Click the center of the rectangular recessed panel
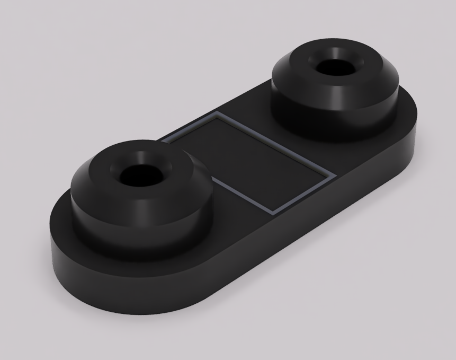pyautogui.click(x=249, y=162)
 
